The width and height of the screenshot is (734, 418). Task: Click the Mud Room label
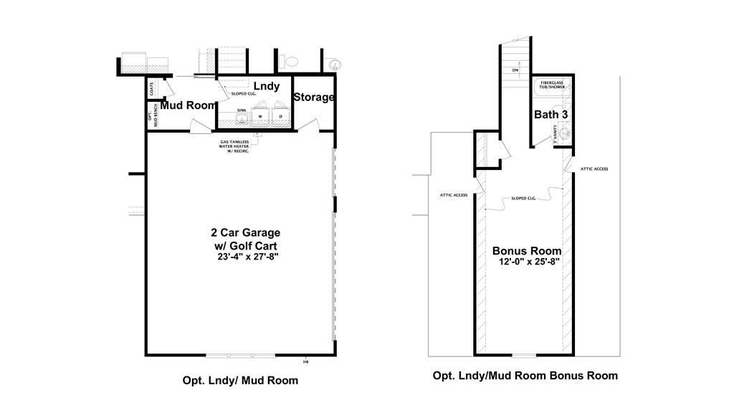click(188, 105)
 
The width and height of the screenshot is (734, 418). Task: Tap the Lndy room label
click(267, 86)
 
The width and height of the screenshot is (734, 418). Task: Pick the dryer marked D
click(280, 117)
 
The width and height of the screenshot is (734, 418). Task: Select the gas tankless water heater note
click(243, 146)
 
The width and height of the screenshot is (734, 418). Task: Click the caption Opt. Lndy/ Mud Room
click(240, 381)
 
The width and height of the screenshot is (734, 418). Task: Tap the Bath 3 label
click(551, 115)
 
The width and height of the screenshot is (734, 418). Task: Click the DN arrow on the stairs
click(515, 70)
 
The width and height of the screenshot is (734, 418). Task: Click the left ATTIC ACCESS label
click(453, 195)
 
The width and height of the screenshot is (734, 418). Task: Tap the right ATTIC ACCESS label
click(595, 168)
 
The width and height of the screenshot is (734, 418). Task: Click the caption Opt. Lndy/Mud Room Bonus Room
click(525, 376)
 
